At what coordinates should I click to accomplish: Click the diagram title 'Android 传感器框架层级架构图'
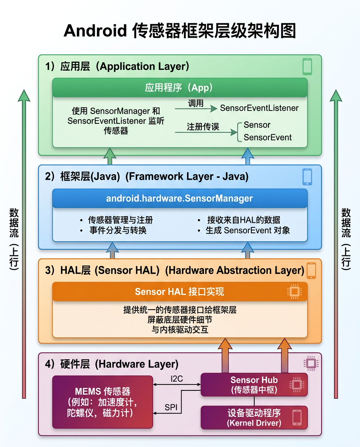pos(180,31)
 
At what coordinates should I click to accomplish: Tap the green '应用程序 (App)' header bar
pos(180,88)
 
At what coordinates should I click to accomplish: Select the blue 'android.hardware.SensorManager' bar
pos(180,198)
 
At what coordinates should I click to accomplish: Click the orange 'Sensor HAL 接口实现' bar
pos(180,291)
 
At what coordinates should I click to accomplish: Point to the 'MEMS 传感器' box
pos(102,402)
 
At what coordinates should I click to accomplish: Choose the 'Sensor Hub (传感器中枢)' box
pos(254,385)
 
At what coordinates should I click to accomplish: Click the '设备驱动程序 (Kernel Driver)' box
pos(254,418)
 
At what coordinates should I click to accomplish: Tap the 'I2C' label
pos(177,379)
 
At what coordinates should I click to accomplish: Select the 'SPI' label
pos(171,407)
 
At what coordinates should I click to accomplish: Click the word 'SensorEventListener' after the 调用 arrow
pos(259,108)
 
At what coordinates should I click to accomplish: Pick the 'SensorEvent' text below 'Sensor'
pos(268,137)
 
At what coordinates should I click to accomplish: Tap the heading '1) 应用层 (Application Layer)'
pos(117,66)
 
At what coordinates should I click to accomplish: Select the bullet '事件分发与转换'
pos(118,230)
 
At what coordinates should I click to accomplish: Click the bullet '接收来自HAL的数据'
pos(243,220)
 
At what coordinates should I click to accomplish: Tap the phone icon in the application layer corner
pos(307,66)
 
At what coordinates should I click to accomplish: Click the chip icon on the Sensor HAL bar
pos(294,291)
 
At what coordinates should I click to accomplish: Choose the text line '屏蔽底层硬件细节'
pos(180,320)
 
